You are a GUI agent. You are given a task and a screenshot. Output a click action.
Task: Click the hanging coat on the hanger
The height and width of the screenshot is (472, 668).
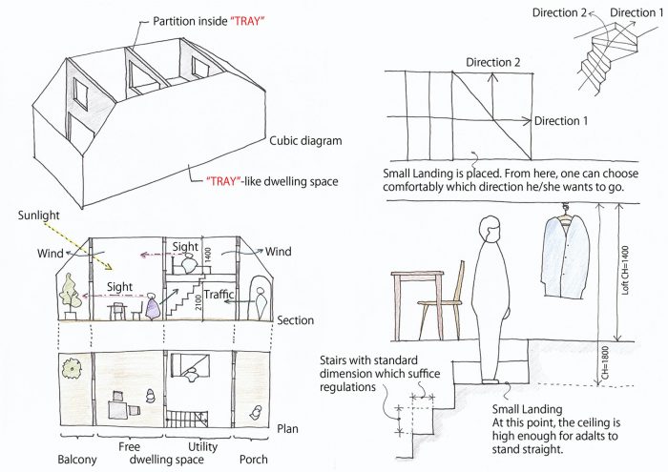pyautogui.click(x=565, y=256)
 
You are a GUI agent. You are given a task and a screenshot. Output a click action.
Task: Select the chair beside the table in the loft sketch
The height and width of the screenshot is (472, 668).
pyautogui.click(x=442, y=300)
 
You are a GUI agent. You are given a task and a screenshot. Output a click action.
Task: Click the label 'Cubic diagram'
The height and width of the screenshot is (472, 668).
pyautogui.click(x=305, y=141)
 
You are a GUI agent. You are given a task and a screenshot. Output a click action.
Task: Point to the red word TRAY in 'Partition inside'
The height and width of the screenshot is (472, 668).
pyautogui.click(x=247, y=21)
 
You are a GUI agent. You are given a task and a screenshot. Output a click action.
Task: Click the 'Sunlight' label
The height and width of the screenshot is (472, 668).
pyautogui.click(x=39, y=215)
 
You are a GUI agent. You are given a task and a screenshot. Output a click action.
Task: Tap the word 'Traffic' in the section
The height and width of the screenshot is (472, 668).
pyautogui.click(x=219, y=294)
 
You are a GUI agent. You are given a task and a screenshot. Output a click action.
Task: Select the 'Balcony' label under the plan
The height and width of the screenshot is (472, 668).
pyautogui.click(x=77, y=460)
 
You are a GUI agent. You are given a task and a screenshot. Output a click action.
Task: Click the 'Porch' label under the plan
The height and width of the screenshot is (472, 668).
pyautogui.click(x=254, y=460)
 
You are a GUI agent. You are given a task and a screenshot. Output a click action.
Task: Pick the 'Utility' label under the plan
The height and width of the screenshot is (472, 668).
pyautogui.click(x=202, y=446)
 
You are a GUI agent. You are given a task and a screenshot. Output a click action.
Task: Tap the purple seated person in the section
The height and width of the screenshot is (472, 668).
pyautogui.click(x=152, y=306)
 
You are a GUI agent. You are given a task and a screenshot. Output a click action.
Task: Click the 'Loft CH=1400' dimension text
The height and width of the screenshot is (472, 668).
pyautogui.click(x=625, y=270)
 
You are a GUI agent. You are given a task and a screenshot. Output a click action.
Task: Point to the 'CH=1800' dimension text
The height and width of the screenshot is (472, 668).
pyautogui.click(x=606, y=362)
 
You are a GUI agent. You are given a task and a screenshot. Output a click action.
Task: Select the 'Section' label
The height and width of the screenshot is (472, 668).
pyautogui.click(x=295, y=320)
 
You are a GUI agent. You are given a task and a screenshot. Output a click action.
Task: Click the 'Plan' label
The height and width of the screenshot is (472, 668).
pyautogui.click(x=287, y=428)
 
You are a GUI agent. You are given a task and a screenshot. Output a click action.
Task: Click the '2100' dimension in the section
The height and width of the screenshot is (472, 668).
pyautogui.click(x=198, y=302)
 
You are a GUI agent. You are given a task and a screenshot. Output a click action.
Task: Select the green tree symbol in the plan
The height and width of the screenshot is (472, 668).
pyautogui.click(x=72, y=369)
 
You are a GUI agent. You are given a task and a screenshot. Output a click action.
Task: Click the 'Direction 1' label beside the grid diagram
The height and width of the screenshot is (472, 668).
pyautogui.click(x=561, y=121)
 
